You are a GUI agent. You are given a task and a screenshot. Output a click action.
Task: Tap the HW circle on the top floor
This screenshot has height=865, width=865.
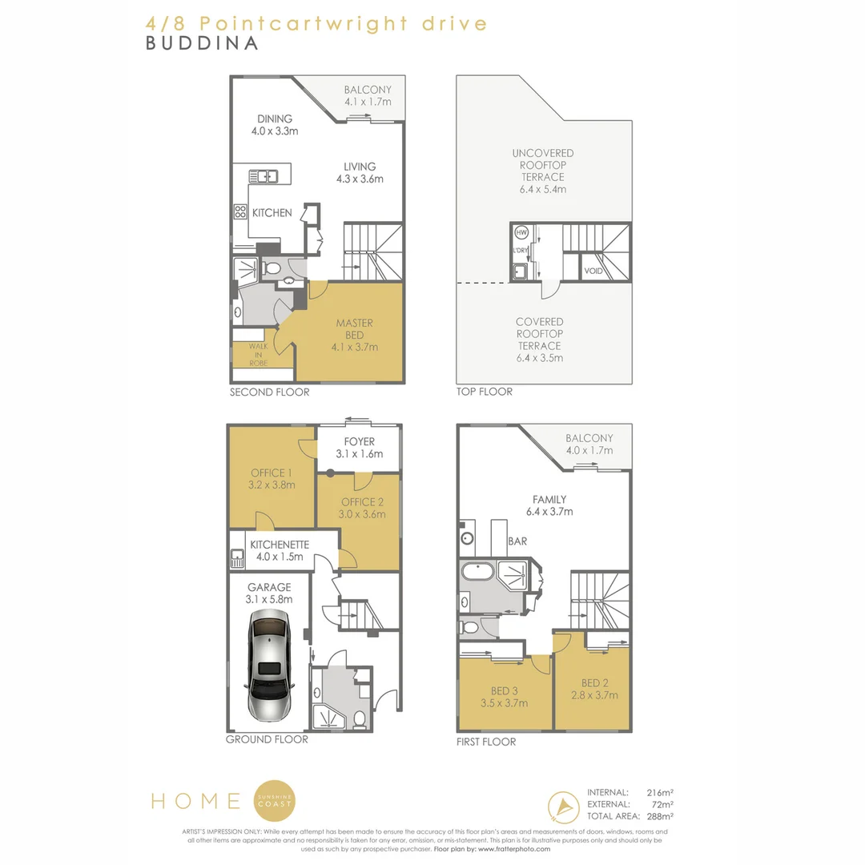click(521, 232)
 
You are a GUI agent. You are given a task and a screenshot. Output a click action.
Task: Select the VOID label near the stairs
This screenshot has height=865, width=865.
click(593, 271)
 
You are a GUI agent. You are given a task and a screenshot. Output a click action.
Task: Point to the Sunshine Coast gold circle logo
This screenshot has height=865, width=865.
click(275, 801)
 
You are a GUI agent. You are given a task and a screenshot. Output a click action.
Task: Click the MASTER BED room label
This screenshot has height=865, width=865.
click(354, 329)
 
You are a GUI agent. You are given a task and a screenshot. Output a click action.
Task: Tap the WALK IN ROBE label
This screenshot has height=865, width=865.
click(258, 355)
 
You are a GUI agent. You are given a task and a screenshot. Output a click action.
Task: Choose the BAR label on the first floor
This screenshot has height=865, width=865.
click(517, 541)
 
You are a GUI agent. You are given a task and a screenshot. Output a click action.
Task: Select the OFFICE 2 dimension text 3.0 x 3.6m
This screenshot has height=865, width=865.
click(362, 514)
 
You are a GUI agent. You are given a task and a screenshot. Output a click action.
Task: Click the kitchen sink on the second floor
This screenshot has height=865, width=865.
click(264, 176)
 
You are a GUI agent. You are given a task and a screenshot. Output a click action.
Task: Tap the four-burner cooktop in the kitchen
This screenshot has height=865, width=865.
click(240, 211)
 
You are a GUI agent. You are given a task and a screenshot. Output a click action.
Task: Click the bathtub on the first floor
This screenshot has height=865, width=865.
click(477, 571)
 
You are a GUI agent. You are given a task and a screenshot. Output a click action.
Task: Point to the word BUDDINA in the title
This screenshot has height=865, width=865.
click(202, 43)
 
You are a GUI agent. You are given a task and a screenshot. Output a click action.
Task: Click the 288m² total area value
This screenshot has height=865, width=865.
click(659, 816)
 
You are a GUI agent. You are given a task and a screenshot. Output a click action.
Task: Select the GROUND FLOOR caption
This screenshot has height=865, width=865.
click(267, 739)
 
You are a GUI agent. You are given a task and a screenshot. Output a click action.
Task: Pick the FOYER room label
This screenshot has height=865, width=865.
click(359, 442)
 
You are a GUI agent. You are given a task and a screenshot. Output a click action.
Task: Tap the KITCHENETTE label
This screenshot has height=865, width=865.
click(280, 545)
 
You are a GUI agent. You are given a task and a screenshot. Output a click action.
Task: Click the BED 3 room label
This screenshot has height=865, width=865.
click(505, 691)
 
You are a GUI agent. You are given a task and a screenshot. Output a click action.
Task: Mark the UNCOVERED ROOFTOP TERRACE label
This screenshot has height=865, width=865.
click(543, 165)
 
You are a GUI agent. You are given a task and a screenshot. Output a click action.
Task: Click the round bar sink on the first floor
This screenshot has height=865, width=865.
click(467, 538)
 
